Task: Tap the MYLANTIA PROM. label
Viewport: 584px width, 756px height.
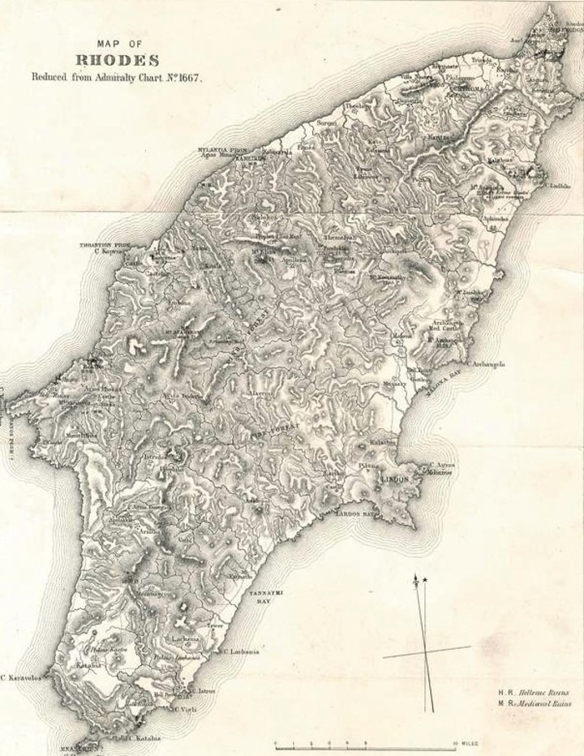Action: (222, 150)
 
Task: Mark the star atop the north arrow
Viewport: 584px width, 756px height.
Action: (424, 578)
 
